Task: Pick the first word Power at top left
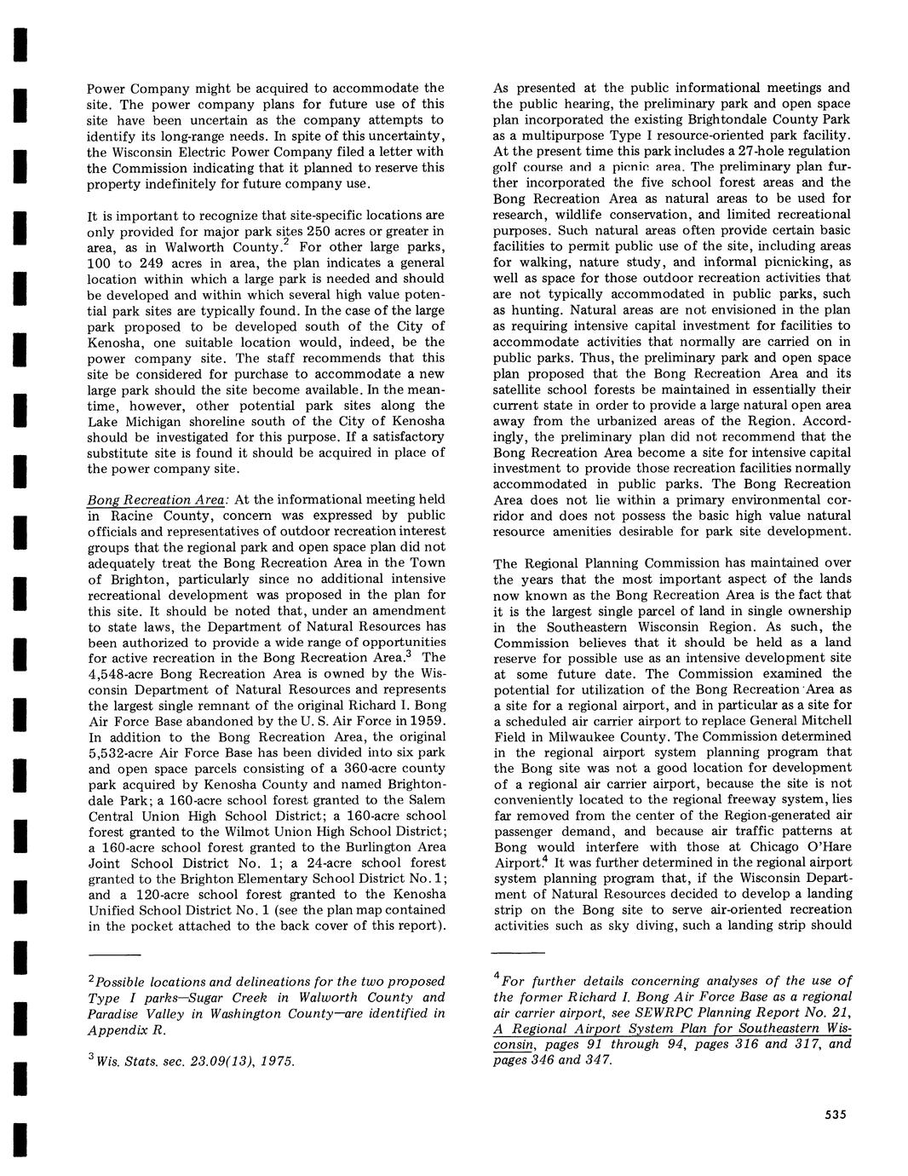click(108, 88)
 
